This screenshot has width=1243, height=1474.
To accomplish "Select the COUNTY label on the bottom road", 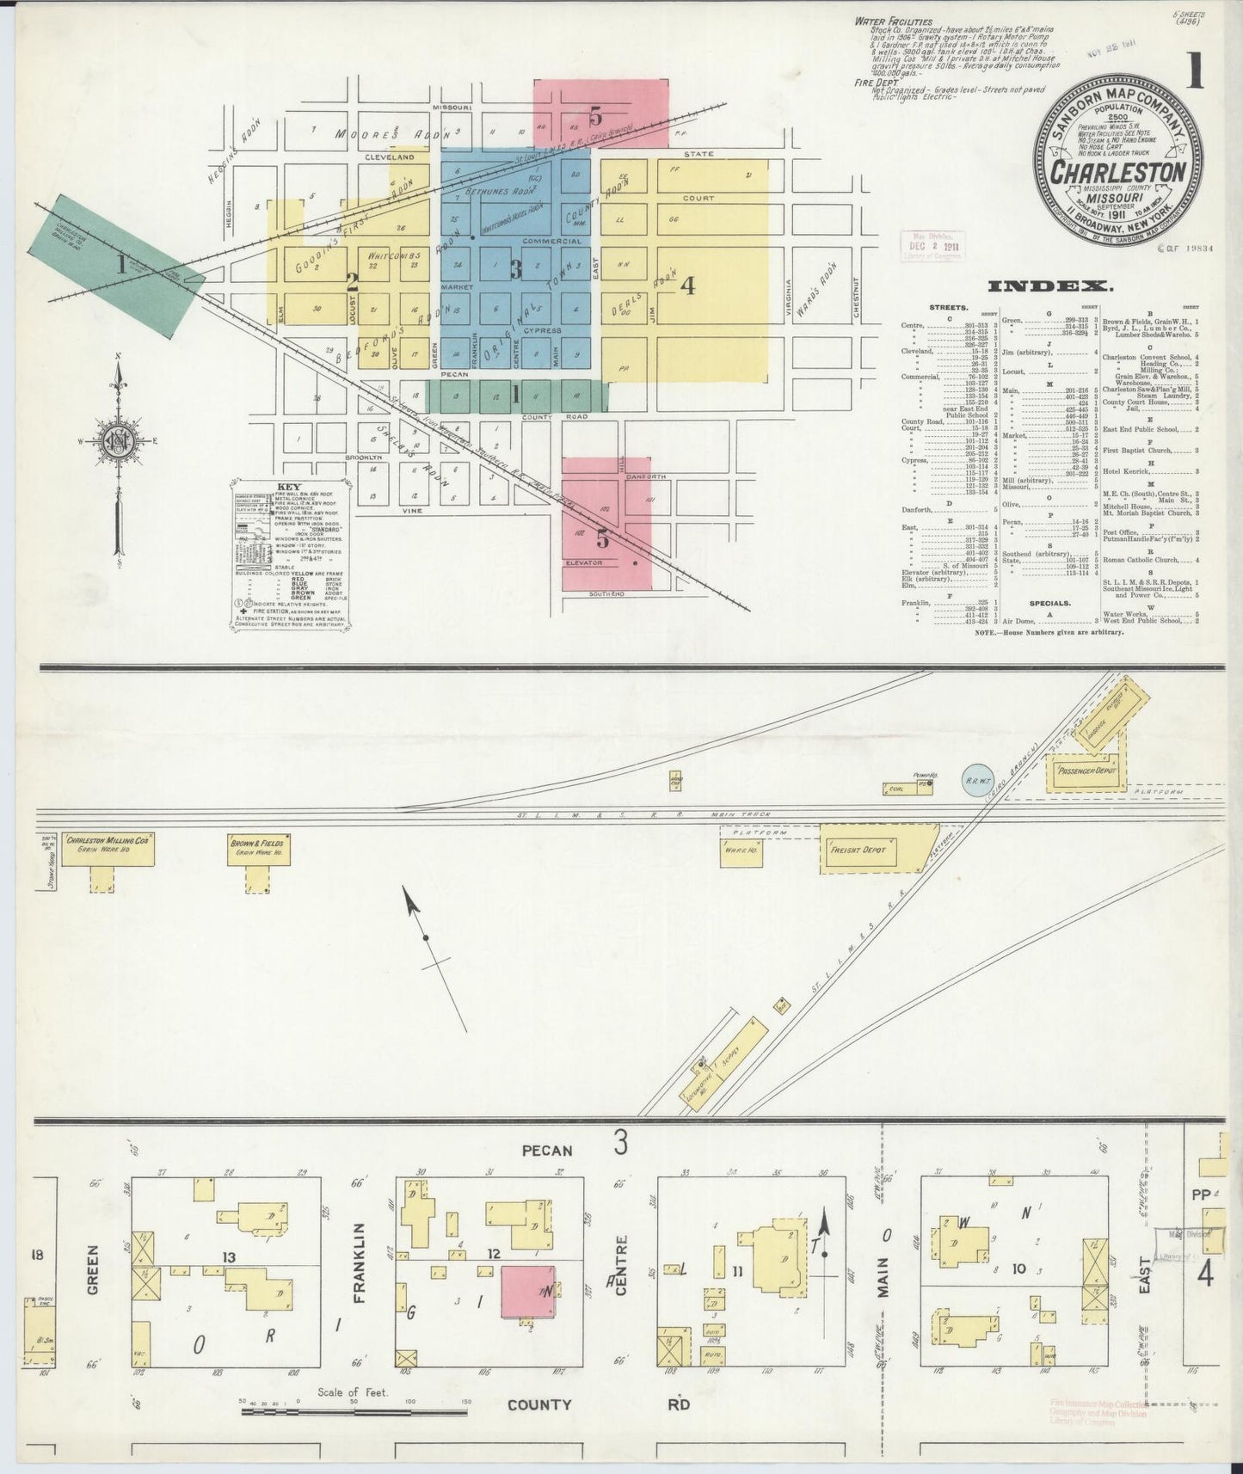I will pos(539,1405).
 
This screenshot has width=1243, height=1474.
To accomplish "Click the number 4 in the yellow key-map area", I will pos(687,286).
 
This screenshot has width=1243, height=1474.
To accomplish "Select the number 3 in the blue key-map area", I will pos(515,270).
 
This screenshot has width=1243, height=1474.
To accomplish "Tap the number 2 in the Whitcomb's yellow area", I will pos(351,279).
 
